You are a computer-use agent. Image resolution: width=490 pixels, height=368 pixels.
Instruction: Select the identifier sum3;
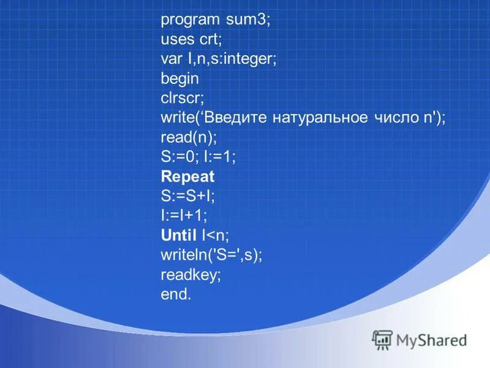click(x=248, y=20)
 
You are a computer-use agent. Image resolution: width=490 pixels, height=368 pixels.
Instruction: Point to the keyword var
click(x=172, y=59)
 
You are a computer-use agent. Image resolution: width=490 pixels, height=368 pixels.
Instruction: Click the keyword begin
click(x=179, y=79)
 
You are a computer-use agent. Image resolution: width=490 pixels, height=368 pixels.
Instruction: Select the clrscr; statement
click(x=182, y=98)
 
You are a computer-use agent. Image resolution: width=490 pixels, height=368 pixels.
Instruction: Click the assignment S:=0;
click(x=178, y=157)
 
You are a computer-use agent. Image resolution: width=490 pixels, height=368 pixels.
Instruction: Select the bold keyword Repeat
click(x=187, y=177)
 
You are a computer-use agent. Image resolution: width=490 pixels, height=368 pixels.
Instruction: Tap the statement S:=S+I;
click(x=188, y=196)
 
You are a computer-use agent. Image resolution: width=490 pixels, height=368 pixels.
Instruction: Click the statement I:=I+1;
click(x=184, y=216)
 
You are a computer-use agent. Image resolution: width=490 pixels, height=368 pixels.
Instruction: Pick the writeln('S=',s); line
click(x=211, y=255)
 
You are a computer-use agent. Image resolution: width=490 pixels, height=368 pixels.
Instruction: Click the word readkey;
click(x=190, y=274)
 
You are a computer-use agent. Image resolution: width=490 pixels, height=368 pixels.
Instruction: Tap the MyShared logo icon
click(x=382, y=339)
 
